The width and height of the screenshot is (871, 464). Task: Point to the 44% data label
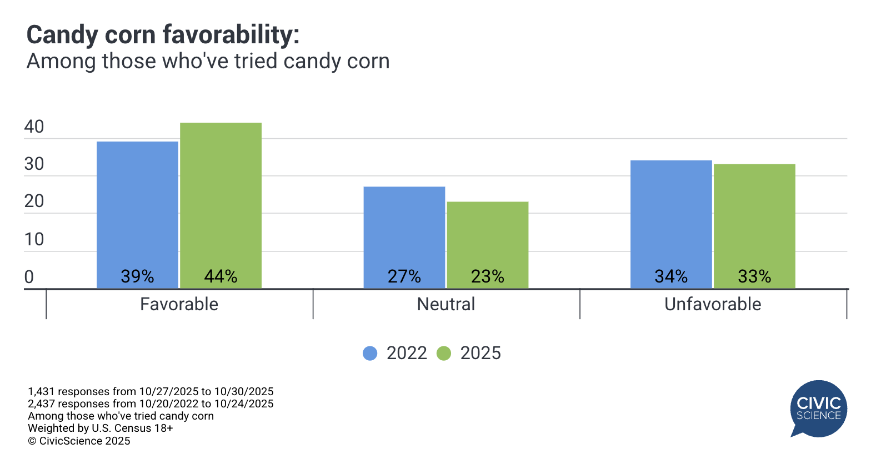pos(221,276)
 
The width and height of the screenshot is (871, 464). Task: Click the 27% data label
pos(404,276)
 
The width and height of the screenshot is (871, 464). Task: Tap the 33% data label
pos(754,276)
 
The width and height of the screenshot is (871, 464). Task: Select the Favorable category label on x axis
pos(179,304)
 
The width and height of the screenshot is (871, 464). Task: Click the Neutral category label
pos(446,304)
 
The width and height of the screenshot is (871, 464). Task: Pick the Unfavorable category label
pos(713,304)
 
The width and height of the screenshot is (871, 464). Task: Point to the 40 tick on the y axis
pos(34,127)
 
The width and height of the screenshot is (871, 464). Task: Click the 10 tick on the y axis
pos(34,239)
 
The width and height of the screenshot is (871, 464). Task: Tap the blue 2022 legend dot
pos(370,353)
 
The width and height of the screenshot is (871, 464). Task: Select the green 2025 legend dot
pos(444,353)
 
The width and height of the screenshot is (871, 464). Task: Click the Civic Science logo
pos(818,408)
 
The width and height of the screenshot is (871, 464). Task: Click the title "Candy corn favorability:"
pos(163,35)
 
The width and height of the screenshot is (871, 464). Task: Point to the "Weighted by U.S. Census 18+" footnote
pos(101,428)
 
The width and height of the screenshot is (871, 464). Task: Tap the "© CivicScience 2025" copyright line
pos(79,441)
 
